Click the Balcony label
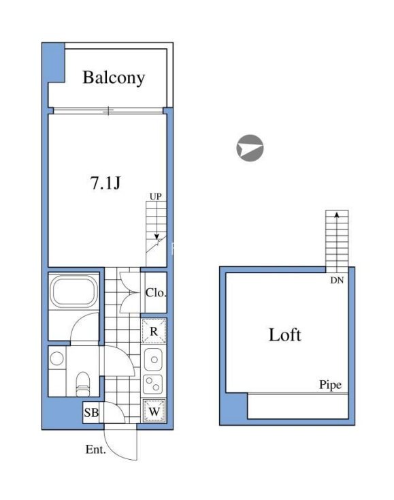pyautogui.click(x=114, y=78)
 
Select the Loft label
pyautogui.click(x=284, y=334)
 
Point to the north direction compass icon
pyautogui.click(x=250, y=148)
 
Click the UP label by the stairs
pyautogui.click(x=156, y=197)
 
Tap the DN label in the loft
pyautogui.click(x=335, y=279)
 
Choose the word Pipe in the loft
pyautogui.click(x=330, y=386)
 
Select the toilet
pyautogui.click(x=83, y=381)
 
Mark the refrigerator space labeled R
pyautogui.click(x=154, y=332)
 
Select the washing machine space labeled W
pyautogui.click(x=154, y=412)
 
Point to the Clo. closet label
pyautogui.click(x=155, y=293)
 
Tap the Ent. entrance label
pyautogui.click(x=95, y=450)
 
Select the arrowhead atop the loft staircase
pyautogui.click(x=335, y=216)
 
